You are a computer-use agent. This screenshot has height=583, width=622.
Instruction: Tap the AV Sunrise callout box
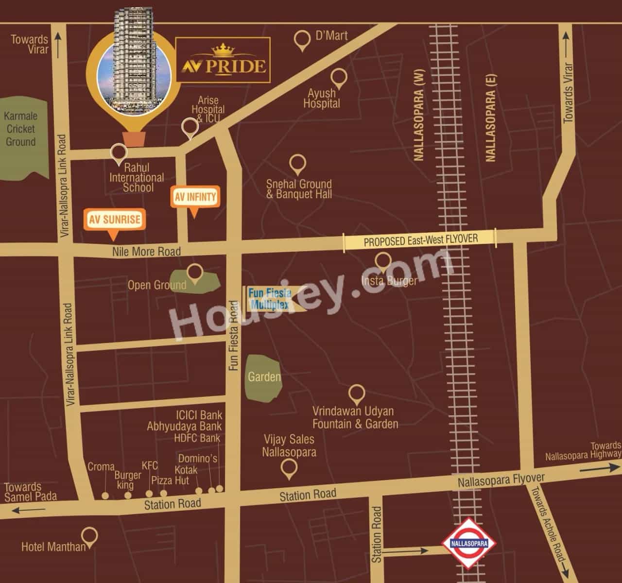coord(114,220)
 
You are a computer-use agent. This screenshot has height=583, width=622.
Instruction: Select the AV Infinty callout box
coord(195,197)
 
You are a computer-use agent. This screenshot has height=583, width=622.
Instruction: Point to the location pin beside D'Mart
coord(303,40)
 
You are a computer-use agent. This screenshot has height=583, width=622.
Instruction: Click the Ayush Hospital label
coord(322,98)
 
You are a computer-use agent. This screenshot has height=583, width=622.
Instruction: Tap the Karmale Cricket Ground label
coord(20,129)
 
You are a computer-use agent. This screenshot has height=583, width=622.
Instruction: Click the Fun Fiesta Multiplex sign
coord(270,299)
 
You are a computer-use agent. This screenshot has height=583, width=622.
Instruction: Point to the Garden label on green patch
coord(264,377)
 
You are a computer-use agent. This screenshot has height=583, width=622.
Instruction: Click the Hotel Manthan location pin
coord(90,536)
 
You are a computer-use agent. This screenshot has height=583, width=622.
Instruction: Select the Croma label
coord(101,467)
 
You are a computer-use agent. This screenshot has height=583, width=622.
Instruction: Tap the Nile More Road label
coord(146,251)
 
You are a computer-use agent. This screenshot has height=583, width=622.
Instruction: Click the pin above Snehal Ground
coord(297,164)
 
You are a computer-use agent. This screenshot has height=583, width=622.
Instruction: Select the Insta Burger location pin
coord(383,261)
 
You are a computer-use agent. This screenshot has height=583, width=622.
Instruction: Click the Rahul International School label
coord(137,178)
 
